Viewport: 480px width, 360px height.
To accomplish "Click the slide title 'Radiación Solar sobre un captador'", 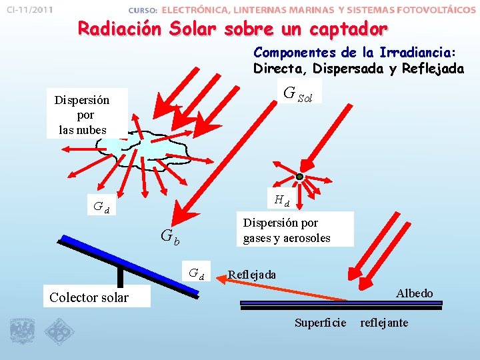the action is tap(232, 29).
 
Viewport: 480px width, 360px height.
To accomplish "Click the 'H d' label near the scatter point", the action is tap(281, 199).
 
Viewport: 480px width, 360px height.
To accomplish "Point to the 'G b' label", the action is tap(169, 236).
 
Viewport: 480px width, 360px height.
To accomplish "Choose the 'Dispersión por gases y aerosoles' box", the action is tap(287, 230).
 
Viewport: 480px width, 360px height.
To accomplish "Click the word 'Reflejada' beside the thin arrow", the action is tap(252, 275).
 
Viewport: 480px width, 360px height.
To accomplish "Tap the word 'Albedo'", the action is tap(414, 293).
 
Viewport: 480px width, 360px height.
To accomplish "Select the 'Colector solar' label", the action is tap(89, 297).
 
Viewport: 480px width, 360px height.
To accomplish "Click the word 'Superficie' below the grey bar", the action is tap(321, 323).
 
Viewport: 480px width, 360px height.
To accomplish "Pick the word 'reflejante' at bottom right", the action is tap(384, 323).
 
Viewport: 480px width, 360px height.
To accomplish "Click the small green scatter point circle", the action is tap(300, 177).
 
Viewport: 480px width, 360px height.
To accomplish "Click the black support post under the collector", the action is tap(121, 277).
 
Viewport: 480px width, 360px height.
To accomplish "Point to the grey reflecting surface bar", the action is tap(341, 303).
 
